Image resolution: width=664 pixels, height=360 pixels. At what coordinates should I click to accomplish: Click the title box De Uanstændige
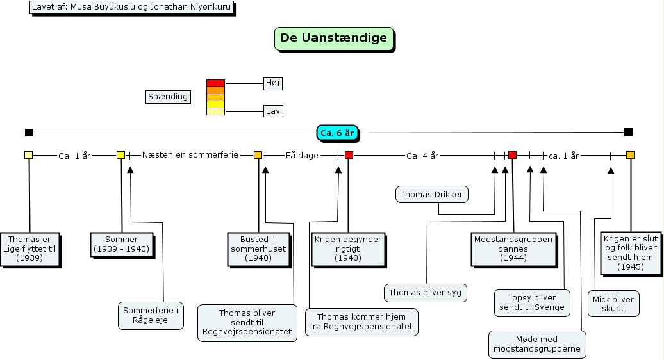click(334, 38)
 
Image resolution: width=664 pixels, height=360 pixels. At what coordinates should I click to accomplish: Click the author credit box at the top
click(131, 8)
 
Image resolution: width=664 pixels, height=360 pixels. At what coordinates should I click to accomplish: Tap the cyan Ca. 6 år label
click(337, 133)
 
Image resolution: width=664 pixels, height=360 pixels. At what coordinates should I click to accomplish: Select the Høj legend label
click(273, 83)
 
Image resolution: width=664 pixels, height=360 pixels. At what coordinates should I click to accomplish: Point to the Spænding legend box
click(168, 97)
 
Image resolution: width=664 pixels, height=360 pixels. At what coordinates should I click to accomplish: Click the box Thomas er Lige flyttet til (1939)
click(29, 249)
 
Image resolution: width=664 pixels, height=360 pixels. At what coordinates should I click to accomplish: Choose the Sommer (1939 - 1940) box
click(121, 244)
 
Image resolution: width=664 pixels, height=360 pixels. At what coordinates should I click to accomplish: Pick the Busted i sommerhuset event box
click(258, 249)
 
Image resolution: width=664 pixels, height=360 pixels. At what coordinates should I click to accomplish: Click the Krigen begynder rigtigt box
click(348, 249)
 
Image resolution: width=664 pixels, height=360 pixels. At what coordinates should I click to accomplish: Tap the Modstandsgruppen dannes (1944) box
click(513, 249)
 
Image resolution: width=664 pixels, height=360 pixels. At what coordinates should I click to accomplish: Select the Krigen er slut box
click(630, 252)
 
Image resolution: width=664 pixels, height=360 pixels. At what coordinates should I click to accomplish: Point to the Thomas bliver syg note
click(426, 293)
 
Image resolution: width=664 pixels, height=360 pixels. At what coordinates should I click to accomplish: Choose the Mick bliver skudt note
click(613, 304)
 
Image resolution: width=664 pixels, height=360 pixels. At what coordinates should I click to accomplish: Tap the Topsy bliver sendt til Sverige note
click(531, 302)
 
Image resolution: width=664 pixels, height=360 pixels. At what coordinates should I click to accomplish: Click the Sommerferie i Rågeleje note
click(151, 315)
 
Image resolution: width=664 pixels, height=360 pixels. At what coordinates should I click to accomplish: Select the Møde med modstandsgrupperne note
click(537, 345)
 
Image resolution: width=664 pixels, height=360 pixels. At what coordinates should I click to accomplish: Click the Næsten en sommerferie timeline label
click(190, 155)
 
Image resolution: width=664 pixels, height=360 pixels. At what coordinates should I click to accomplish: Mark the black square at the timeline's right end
click(628, 132)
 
